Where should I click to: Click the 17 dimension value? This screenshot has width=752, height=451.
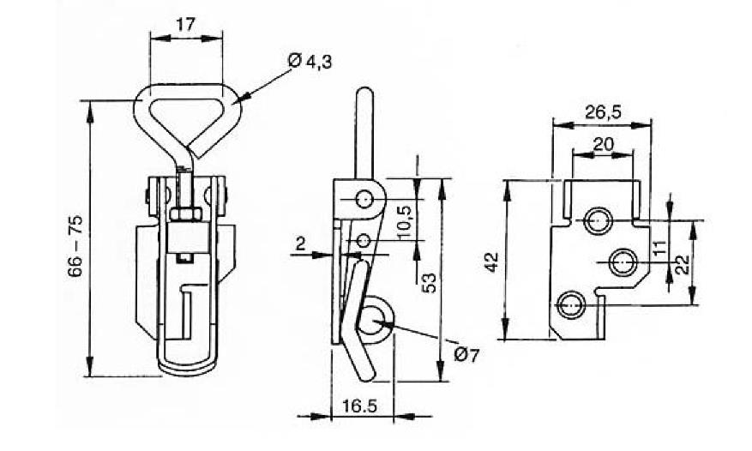pos(185,25)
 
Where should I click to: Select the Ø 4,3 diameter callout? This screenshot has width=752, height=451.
pos(310,62)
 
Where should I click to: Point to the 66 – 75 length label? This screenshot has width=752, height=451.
pos(75,246)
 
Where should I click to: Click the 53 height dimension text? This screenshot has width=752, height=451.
pos(430,283)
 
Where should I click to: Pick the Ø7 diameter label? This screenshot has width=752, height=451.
pos(466,355)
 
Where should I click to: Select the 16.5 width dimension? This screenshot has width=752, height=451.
pos(359,406)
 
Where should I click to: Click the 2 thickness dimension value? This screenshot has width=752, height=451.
pos(300,244)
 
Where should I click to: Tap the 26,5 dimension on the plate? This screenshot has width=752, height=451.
pos(604,111)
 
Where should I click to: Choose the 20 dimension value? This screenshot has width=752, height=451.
pos(604,143)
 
